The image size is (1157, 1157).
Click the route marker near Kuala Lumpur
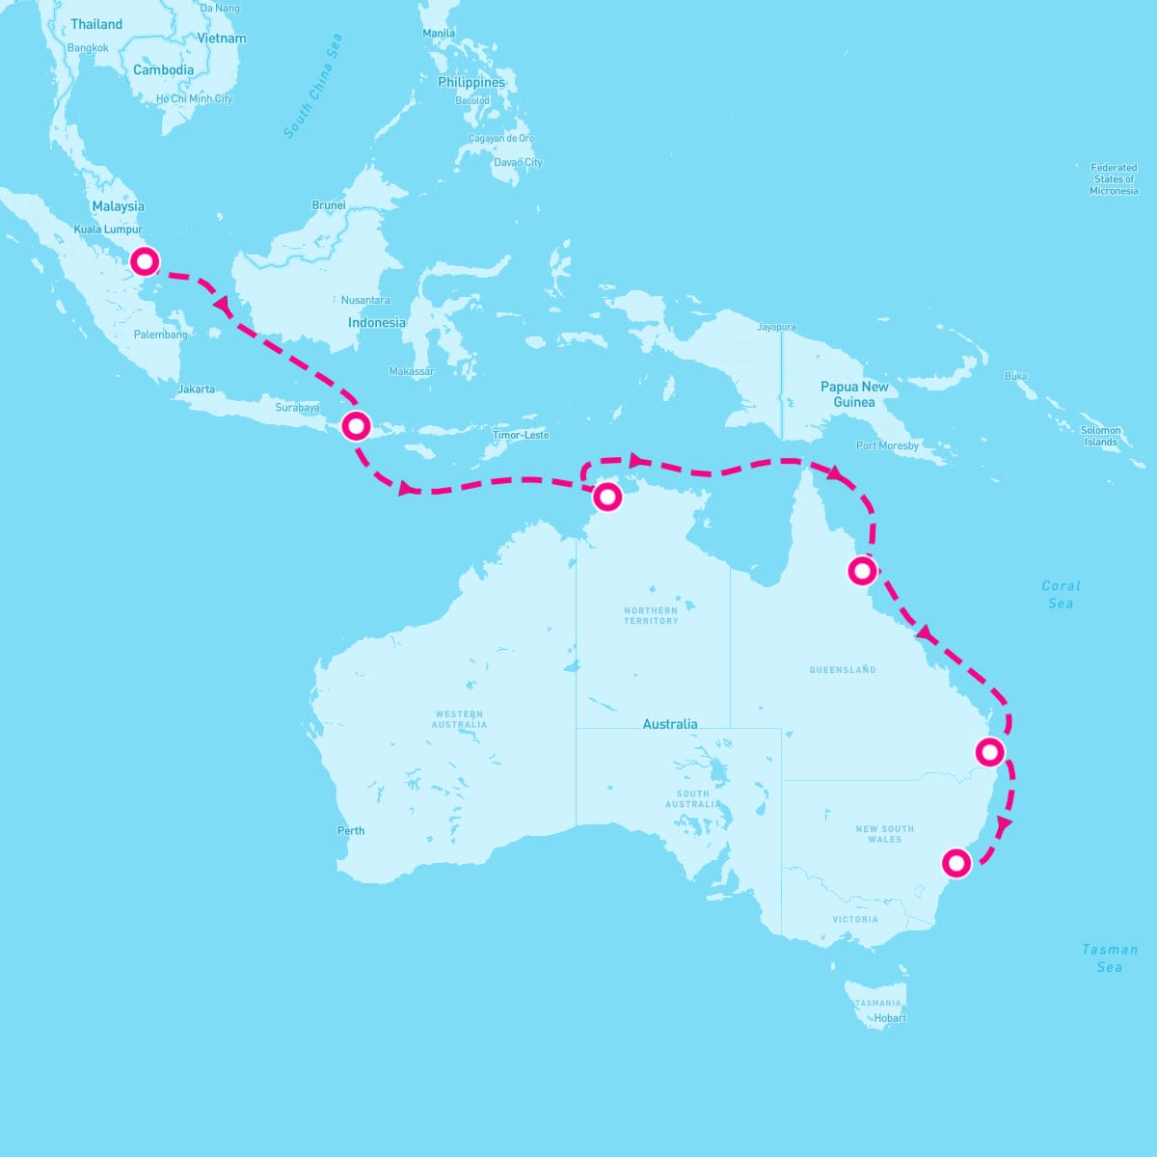(145, 261)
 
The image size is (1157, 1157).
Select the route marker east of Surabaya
(356, 425)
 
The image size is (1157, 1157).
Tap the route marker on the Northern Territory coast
(607, 497)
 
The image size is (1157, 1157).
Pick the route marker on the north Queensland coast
(862, 571)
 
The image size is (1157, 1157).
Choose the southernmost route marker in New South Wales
(955, 862)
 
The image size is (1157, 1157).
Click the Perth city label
(351, 830)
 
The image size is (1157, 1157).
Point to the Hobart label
(890, 1017)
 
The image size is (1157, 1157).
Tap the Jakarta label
(196, 390)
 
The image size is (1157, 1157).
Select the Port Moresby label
(887, 445)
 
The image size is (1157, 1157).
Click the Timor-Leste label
(521, 435)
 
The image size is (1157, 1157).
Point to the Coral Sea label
(1061, 594)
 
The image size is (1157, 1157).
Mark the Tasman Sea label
(1109, 957)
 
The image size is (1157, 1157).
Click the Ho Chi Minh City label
(194, 98)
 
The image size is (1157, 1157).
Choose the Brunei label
(329, 204)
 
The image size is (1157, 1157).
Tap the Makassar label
(412, 371)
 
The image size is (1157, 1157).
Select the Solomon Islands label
(1100, 436)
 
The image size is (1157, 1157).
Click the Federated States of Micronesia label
(1114, 179)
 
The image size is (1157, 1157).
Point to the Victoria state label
(855, 919)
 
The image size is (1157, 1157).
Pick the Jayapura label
(776, 328)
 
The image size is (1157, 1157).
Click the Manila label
(439, 33)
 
